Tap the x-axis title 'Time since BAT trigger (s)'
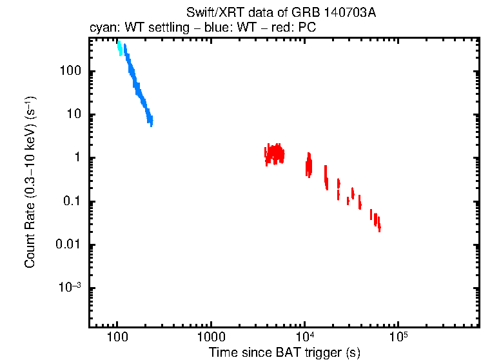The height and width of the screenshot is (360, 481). click(x=284, y=352)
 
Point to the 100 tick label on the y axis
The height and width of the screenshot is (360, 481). click(x=69, y=71)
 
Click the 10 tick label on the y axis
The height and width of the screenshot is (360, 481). click(x=73, y=115)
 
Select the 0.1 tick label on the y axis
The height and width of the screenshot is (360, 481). click(x=71, y=202)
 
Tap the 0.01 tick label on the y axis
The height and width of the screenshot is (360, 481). click(x=68, y=245)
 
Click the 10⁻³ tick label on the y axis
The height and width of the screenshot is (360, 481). click(x=70, y=288)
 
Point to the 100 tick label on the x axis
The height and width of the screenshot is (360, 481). click(x=117, y=337)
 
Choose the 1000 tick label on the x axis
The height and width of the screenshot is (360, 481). click(x=210, y=337)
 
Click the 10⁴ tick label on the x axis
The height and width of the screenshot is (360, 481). click(x=304, y=337)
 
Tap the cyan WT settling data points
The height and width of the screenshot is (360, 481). click(x=119, y=48)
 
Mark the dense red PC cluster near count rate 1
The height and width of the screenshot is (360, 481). click(x=275, y=154)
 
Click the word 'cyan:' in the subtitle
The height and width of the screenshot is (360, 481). click(x=102, y=28)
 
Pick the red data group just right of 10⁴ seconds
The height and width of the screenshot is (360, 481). click(x=309, y=166)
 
